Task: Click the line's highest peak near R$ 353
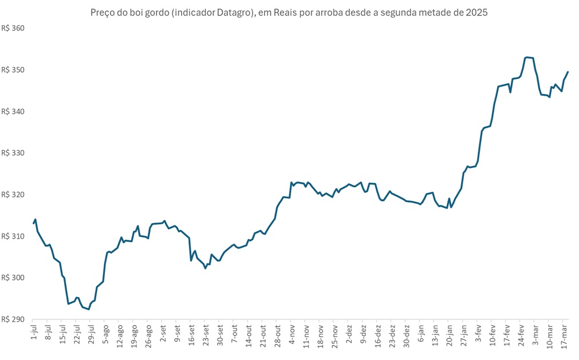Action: click(x=527, y=57)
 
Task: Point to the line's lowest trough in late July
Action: click(x=89, y=309)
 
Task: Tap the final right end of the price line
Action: click(x=568, y=72)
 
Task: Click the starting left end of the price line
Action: click(x=34, y=223)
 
